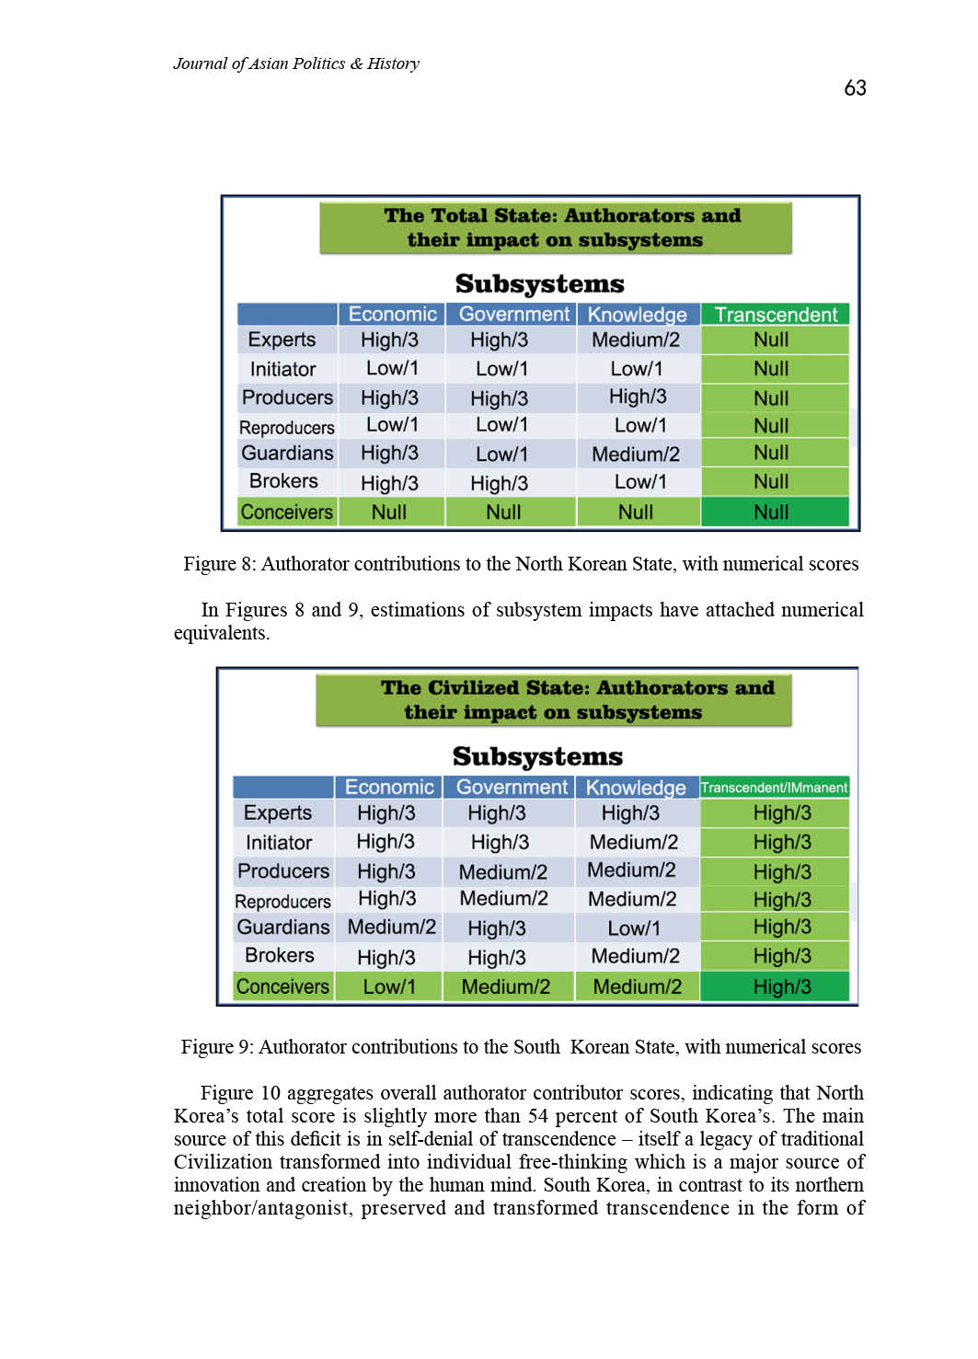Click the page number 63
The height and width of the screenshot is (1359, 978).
(x=855, y=88)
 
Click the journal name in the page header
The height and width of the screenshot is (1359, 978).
(x=295, y=63)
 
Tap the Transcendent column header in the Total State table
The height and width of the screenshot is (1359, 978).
(x=775, y=315)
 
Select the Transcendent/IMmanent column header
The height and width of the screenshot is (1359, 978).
(x=774, y=788)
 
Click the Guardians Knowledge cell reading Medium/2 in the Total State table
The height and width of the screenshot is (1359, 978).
(x=636, y=454)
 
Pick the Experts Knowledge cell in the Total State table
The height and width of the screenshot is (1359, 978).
(x=636, y=340)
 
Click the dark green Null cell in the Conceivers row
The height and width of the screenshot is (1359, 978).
(x=771, y=513)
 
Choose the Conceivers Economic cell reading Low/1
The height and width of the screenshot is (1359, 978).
(x=388, y=986)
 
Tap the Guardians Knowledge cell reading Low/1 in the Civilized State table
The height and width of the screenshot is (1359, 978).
(x=633, y=927)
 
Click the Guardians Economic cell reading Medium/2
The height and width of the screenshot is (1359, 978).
(x=391, y=927)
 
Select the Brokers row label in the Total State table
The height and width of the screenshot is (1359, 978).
(x=283, y=481)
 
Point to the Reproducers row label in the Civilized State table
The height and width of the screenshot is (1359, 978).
(x=282, y=902)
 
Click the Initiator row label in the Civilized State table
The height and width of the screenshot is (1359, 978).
(x=279, y=842)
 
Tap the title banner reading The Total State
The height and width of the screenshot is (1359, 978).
(x=556, y=228)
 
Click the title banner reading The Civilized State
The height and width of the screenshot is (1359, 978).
(x=554, y=700)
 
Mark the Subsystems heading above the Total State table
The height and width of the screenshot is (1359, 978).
(x=539, y=283)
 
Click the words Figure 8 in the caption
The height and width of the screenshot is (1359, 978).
(x=217, y=564)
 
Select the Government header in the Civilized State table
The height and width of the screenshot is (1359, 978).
(x=512, y=788)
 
